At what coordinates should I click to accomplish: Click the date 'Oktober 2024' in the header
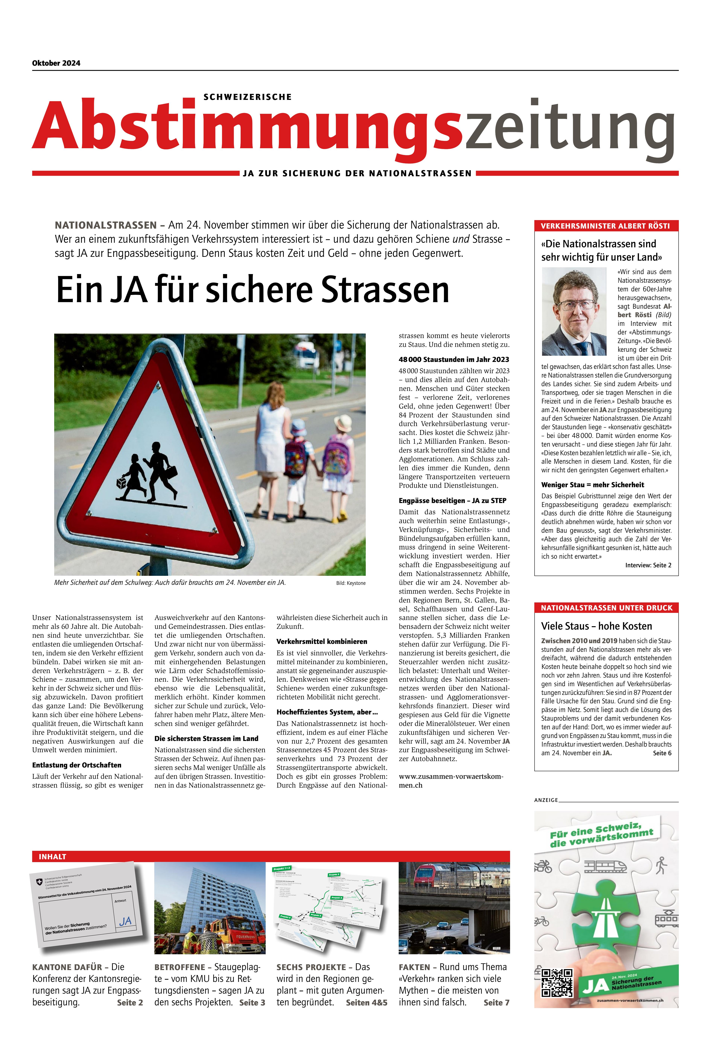(x=56, y=63)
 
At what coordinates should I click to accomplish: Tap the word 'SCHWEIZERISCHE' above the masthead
(x=248, y=97)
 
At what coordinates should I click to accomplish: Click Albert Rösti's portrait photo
(x=574, y=311)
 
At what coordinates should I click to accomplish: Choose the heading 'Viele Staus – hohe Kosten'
(x=596, y=626)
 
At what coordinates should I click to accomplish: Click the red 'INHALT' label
(x=52, y=857)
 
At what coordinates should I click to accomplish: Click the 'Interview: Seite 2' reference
(x=648, y=565)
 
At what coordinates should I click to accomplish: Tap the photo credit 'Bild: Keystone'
(x=351, y=583)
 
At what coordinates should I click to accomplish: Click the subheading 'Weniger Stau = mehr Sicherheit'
(x=592, y=485)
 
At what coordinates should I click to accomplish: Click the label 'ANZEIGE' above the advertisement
(x=546, y=800)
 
